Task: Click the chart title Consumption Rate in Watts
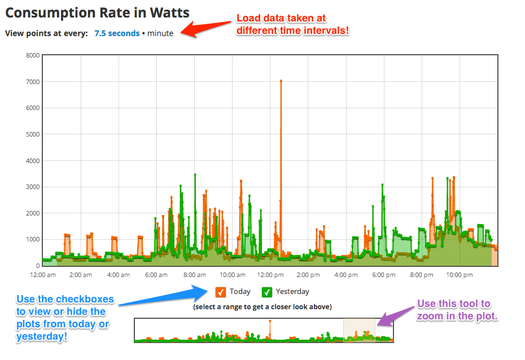click(97, 13)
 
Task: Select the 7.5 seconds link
click(117, 33)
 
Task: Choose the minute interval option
click(160, 33)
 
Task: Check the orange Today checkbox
click(221, 292)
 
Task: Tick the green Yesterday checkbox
click(267, 292)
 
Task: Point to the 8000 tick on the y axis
click(33, 55)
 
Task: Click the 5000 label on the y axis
click(33, 134)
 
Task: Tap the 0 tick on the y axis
click(38, 266)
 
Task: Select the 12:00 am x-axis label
click(43, 275)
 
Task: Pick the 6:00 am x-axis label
click(156, 275)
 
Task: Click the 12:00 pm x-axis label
click(270, 275)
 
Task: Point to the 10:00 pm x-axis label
click(460, 275)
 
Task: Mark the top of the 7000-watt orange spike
click(281, 81)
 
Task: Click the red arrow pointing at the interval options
click(206, 28)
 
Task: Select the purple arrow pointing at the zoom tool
click(396, 316)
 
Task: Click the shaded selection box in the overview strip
click(359, 330)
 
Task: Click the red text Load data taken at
click(281, 18)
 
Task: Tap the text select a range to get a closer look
click(262, 307)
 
